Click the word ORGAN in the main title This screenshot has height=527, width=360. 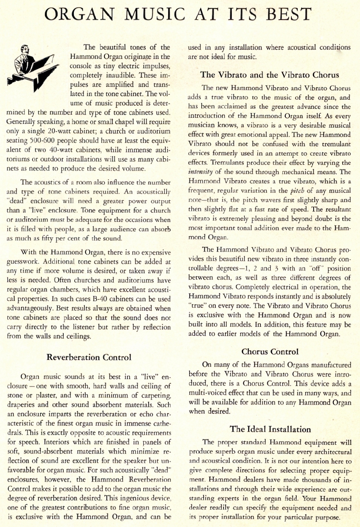point(79,14)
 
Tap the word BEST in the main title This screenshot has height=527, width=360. point(289,14)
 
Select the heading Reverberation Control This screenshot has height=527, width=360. point(89,357)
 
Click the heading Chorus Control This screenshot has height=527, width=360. point(270,352)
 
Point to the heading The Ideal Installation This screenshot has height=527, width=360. point(270,429)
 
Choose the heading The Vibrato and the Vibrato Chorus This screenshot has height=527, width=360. point(270,75)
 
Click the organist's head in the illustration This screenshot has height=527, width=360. point(25,50)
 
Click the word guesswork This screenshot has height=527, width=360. point(23,262)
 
